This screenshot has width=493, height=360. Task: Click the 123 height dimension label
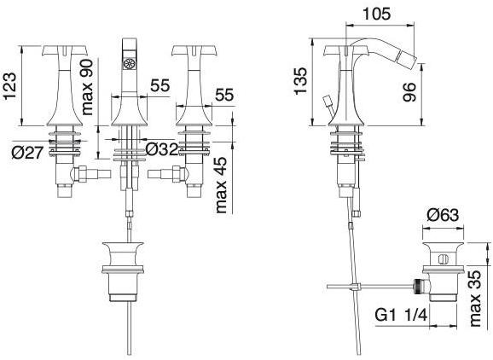(9, 86)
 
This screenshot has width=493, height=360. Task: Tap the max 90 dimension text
(86, 87)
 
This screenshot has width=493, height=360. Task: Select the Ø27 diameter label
(27, 153)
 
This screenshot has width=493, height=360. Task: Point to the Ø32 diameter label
(163, 149)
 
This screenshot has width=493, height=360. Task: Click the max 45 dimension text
(222, 185)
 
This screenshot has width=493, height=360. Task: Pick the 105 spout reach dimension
(377, 14)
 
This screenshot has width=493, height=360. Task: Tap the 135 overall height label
(300, 80)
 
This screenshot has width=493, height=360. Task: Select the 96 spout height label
(409, 92)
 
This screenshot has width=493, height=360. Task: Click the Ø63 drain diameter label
(443, 216)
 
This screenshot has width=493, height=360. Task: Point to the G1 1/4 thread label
(401, 315)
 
